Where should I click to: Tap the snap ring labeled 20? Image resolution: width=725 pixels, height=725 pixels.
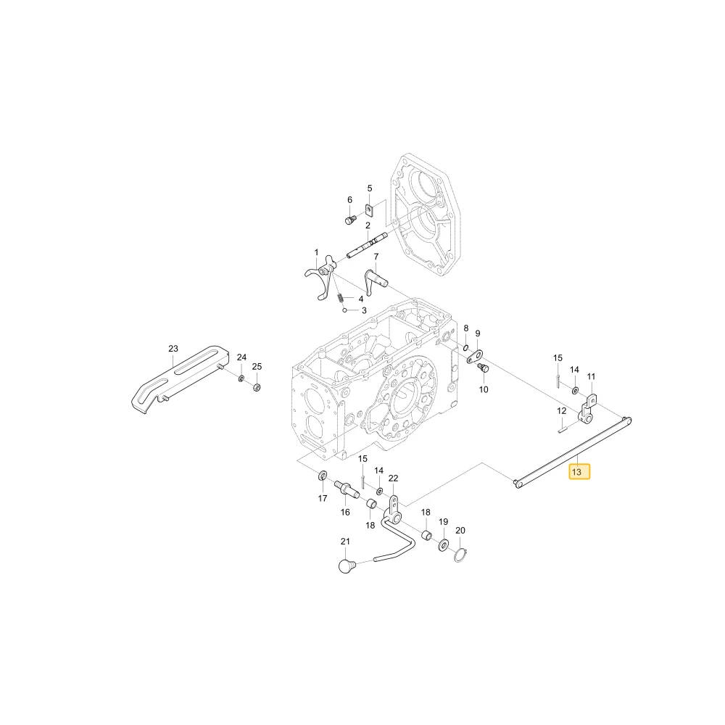pos(460,555)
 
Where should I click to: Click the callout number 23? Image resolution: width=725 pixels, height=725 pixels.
pos(173,349)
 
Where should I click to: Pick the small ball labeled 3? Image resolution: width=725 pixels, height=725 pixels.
pos(344,310)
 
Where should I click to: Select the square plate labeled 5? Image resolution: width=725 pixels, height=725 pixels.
pos(369,211)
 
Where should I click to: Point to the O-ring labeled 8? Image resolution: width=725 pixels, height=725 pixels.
pos(465,348)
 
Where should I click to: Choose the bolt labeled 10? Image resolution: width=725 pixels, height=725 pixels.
pos(484,368)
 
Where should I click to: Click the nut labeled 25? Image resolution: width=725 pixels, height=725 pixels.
pos(257,386)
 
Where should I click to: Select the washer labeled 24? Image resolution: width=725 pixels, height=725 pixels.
pos(241,378)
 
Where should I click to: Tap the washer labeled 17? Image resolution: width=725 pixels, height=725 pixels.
pos(323,475)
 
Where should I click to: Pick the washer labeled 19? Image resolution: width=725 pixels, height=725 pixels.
pos(443,544)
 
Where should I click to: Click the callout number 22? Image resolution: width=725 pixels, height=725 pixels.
pos(393,478)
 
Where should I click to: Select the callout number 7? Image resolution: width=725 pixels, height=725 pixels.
pos(376,257)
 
